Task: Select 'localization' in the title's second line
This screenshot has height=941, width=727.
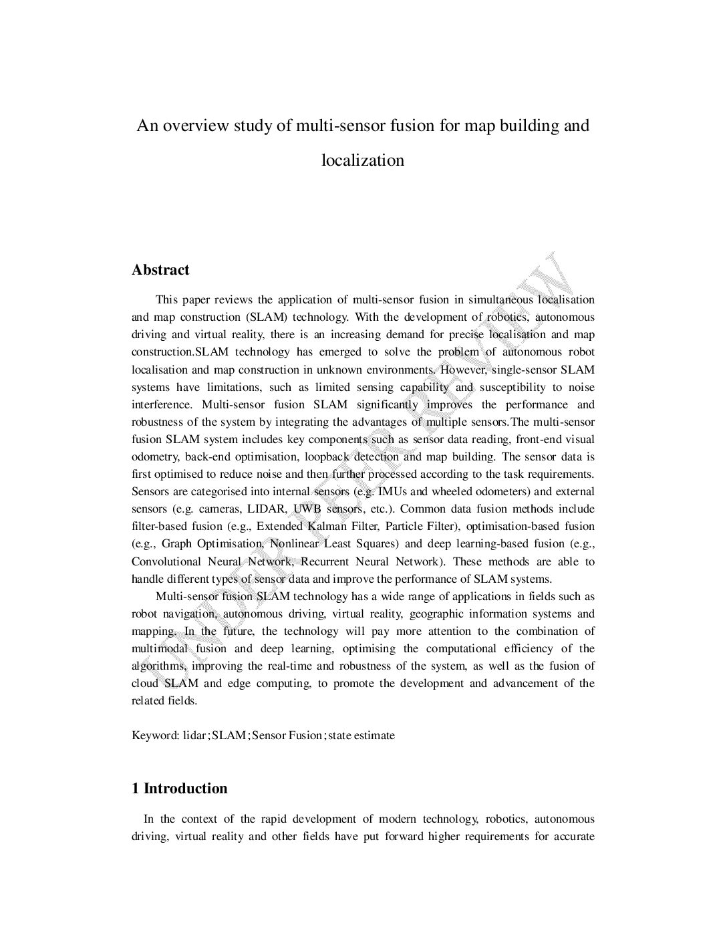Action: pyautogui.click(x=363, y=160)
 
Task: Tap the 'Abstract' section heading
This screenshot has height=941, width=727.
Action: pyautogui.click(x=160, y=270)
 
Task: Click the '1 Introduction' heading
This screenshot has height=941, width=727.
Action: pyautogui.click(x=180, y=789)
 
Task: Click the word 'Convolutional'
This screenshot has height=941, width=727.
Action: pyautogui.click(x=166, y=561)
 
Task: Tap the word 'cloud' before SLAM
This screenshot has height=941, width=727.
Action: pyautogui.click(x=145, y=684)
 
